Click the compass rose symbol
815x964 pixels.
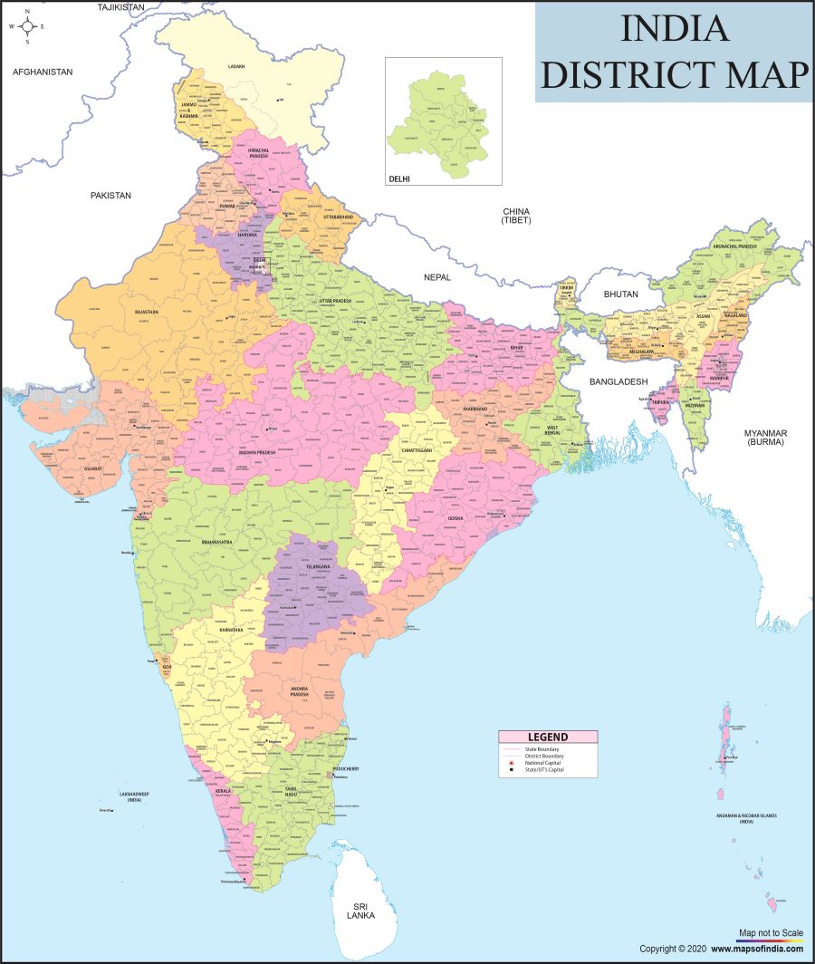27,26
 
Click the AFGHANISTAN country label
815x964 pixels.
43,72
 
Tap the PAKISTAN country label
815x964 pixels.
110,195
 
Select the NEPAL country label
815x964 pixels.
436,276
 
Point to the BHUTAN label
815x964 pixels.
621,294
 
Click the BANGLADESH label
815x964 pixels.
620,382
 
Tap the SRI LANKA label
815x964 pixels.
360,910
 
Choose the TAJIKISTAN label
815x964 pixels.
120,6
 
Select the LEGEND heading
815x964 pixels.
548,737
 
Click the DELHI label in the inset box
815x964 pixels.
399,178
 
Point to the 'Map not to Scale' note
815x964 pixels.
771,932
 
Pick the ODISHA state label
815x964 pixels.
455,518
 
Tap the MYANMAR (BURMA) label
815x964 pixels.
765,438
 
